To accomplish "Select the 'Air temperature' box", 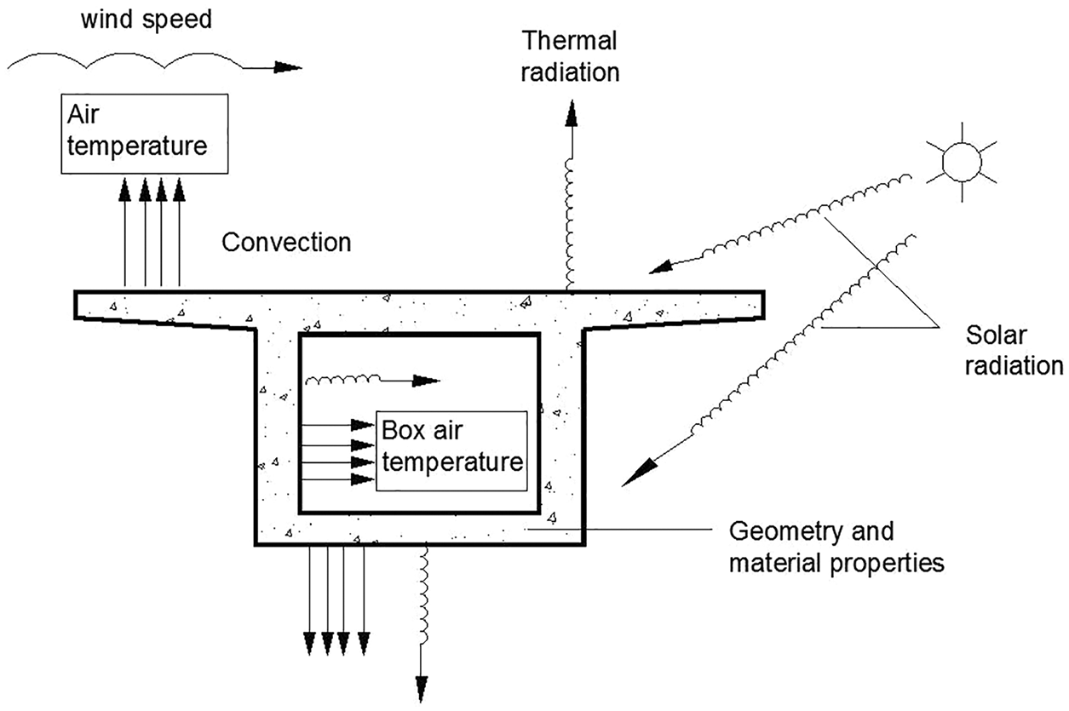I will coord(144,134).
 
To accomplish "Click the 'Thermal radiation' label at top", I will coord(571,55).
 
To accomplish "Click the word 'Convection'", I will coord(286,242).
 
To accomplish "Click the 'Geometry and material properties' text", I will coord(837,547).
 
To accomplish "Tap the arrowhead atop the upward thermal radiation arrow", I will coord(572,112).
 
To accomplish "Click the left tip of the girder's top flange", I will coord(77,304).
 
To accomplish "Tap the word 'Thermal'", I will coord(571,41).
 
